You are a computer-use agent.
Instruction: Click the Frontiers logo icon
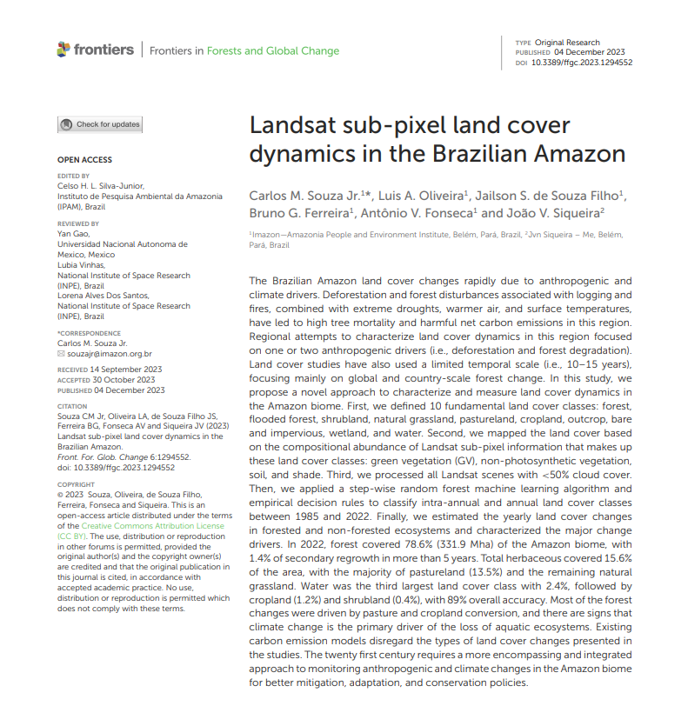(63, 50)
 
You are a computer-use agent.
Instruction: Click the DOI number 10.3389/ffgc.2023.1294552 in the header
(581, 63)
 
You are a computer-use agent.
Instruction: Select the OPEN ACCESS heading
(84, 160)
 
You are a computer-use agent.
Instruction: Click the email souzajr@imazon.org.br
(109, 354)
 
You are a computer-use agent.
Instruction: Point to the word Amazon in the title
(581, 154)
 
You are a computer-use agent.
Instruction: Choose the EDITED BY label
(73, 176)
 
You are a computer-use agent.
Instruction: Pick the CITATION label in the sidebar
(73, 405)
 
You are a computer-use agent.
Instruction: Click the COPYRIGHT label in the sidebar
(76, 483)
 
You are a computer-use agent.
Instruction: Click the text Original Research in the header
(568, 43)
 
